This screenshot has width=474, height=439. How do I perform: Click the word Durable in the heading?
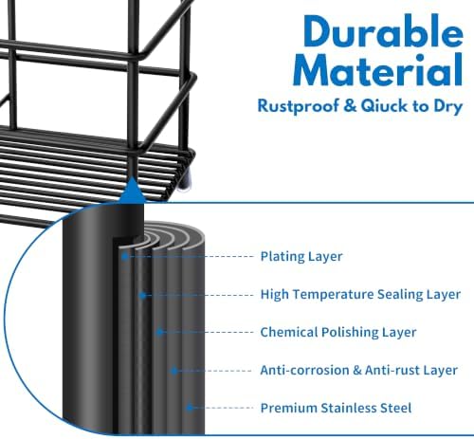(383, 31)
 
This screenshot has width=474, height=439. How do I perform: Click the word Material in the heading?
(378, 69)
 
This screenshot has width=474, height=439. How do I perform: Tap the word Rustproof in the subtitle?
(299, 106)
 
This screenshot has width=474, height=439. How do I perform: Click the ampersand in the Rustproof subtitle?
(350, 105)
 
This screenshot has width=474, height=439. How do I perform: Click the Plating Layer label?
(301, 256)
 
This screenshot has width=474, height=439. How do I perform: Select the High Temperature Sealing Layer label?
(360, 294)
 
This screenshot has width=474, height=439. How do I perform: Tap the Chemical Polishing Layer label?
(338, 332)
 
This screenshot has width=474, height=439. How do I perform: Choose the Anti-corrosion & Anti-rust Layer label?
(359, 370)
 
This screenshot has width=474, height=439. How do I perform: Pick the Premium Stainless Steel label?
(336, 408)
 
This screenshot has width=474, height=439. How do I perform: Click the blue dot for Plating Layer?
(125, 256)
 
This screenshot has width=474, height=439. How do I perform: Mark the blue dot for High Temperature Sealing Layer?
(142, 296)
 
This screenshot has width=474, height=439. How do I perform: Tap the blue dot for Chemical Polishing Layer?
(159, 332)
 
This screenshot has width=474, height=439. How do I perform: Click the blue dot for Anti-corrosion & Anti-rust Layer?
(174, 371)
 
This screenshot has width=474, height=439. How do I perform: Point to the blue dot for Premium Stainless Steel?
(189, 408)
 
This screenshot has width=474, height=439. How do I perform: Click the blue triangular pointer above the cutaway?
(132, 192)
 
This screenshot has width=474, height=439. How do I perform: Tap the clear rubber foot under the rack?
(185, 182)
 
